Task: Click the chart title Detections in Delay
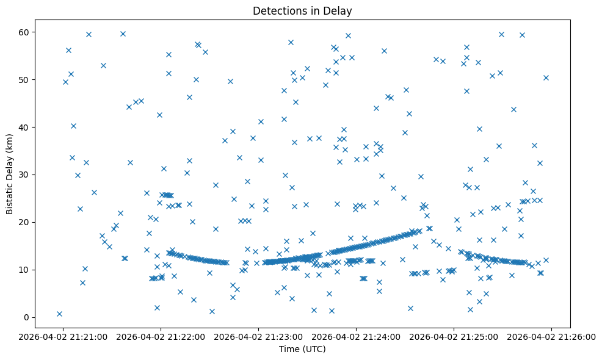[x=303, y=11]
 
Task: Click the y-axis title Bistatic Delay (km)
[x=10, y=174]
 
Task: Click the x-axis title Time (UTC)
[x=303, y=350]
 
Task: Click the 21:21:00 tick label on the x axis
[x=63, y=336]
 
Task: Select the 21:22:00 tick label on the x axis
[x=161, y=336]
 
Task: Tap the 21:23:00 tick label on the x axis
[x=259, y=336]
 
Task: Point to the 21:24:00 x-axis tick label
[x=357, y=336]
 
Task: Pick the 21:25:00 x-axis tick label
[x=454, y=336]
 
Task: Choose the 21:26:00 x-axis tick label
[x=552, y=336]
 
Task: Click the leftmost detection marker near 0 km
[x=59, y=314]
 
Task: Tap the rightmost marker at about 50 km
[x=546, y=77]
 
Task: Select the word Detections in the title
[x=277, y=11]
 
